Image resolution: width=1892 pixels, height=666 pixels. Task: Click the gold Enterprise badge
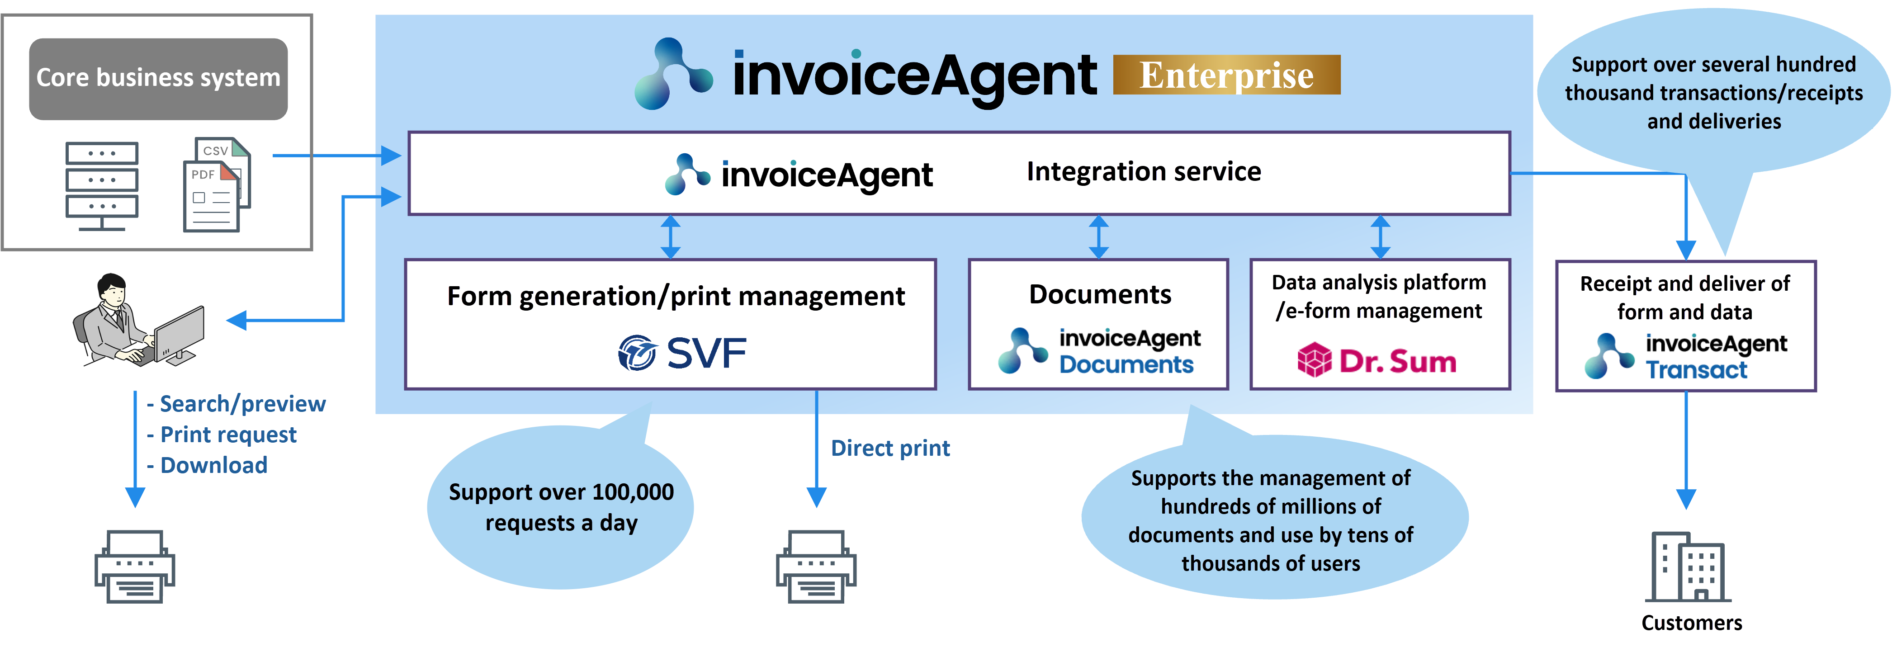(x=1226, y=75)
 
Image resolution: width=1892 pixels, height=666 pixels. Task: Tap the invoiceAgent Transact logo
(x=1686, y=356)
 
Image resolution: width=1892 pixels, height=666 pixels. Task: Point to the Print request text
(x=228, y=435)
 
